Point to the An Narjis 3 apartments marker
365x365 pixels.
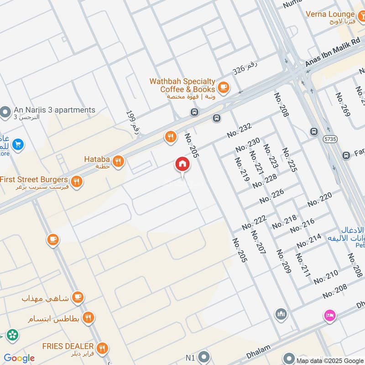tap(5, 111)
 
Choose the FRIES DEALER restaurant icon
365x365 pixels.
tap(102, 348)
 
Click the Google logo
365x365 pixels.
tap(19, 358)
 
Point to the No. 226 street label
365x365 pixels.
tap(271, 196)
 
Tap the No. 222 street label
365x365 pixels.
tap(254, 221)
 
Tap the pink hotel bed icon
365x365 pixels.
tap(329, 314)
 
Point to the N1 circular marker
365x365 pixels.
tap(204, 357)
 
